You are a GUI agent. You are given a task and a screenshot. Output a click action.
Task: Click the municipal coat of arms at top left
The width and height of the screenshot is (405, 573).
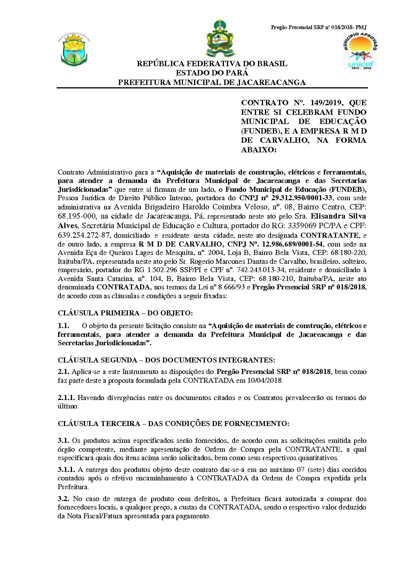click(75, 49)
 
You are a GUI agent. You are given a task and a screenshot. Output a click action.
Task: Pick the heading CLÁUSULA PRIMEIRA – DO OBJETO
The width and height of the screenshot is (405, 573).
click(125, 313)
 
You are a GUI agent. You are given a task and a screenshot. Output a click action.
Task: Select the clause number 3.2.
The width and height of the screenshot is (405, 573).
click(64, 499)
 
